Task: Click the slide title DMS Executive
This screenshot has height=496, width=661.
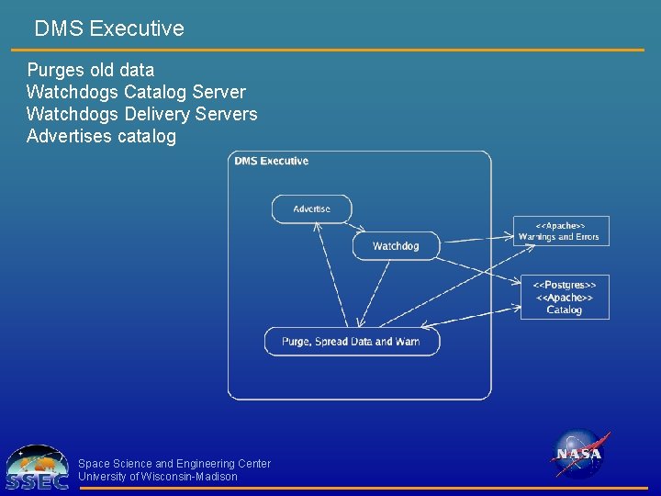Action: (x=109, y=28)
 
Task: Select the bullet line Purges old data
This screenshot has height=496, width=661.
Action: (x=90, y=70)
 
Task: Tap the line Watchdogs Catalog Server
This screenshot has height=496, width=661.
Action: (x=136, y=92)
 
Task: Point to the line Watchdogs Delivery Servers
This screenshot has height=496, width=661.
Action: (x=141, y=115)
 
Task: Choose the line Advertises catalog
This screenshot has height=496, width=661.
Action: (x=101, y=137)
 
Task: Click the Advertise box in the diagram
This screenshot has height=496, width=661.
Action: (x=311, y=209)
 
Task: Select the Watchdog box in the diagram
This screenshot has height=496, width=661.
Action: (x=396, y=246)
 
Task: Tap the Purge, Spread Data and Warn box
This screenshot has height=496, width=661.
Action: (x=352, y=342)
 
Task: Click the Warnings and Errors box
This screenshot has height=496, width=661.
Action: (x=560, y=231)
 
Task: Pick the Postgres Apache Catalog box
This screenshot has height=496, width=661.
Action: (x=565, y=298)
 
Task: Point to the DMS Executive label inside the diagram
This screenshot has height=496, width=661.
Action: (x=271, y=162)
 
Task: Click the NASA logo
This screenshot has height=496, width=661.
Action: (x=579, y=454)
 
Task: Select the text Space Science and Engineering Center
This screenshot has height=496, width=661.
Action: (x=174, y=464)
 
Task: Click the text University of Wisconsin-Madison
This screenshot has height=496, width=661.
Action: (x=158, y=477)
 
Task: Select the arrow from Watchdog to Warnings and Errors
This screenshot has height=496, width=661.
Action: (x=477, y=240)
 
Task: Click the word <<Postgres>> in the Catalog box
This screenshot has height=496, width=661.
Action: (x=565, y=286)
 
